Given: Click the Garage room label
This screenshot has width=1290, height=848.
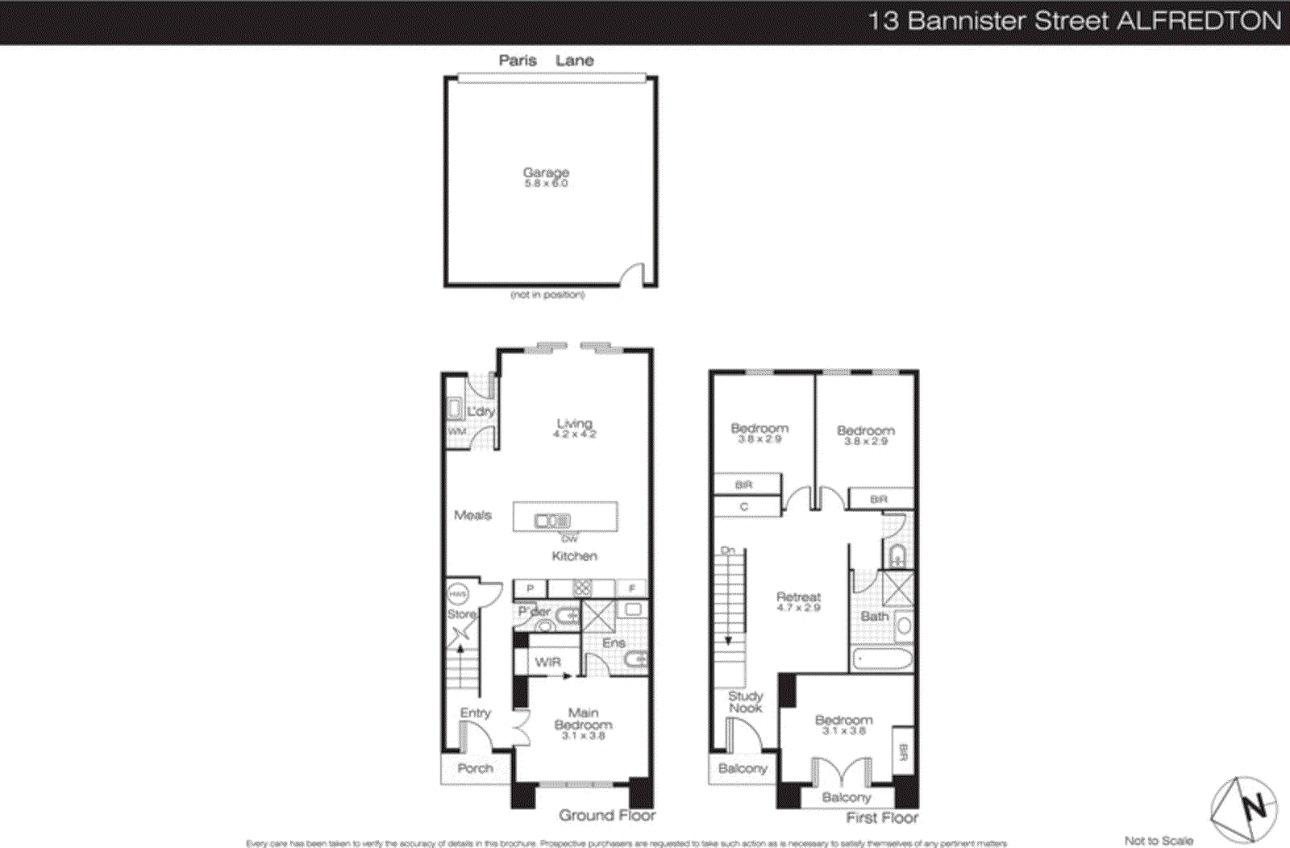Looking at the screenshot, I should click(x=546, y=173).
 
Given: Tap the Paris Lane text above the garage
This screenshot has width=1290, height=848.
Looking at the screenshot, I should click(x=546, y=60).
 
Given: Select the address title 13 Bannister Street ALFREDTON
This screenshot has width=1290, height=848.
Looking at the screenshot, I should click(x=1074, y=21).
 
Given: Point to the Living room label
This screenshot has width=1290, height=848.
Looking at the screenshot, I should click(x=574, y=424).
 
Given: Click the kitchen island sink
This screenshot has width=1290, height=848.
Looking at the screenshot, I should click(x=552, y=522).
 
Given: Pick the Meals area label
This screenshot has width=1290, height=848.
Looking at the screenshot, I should click(x=472, y=515).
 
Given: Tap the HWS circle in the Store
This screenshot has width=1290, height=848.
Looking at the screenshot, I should click(x=458, y=594).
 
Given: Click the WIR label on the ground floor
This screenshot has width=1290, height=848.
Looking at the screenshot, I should click(x=547, y=662).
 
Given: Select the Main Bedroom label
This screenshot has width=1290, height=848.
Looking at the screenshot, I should click(x=583, y=718).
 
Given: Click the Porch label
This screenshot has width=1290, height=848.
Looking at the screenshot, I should click(x=475, y=768).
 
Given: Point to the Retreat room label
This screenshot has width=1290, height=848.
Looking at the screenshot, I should click(x=798, y=597).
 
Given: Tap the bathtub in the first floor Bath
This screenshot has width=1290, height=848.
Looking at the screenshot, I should click(x=882, y=659).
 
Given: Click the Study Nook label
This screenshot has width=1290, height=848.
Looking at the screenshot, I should click(x=745, y=701).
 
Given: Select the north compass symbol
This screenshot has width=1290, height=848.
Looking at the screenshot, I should click(x=1243, y=809).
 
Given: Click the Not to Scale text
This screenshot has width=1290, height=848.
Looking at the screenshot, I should click(x=1159, y=841).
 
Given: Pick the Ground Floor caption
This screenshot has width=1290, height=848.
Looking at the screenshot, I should click(x=607, y=816).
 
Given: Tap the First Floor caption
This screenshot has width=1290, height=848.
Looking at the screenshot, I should click(x=882, y=818).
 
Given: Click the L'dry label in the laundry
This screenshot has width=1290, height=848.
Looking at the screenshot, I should click(x=481, y=411).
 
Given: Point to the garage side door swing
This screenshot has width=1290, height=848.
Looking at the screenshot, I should click(x=633, y=275).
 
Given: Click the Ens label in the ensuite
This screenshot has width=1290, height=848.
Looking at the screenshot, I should click(x=614, y=642).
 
